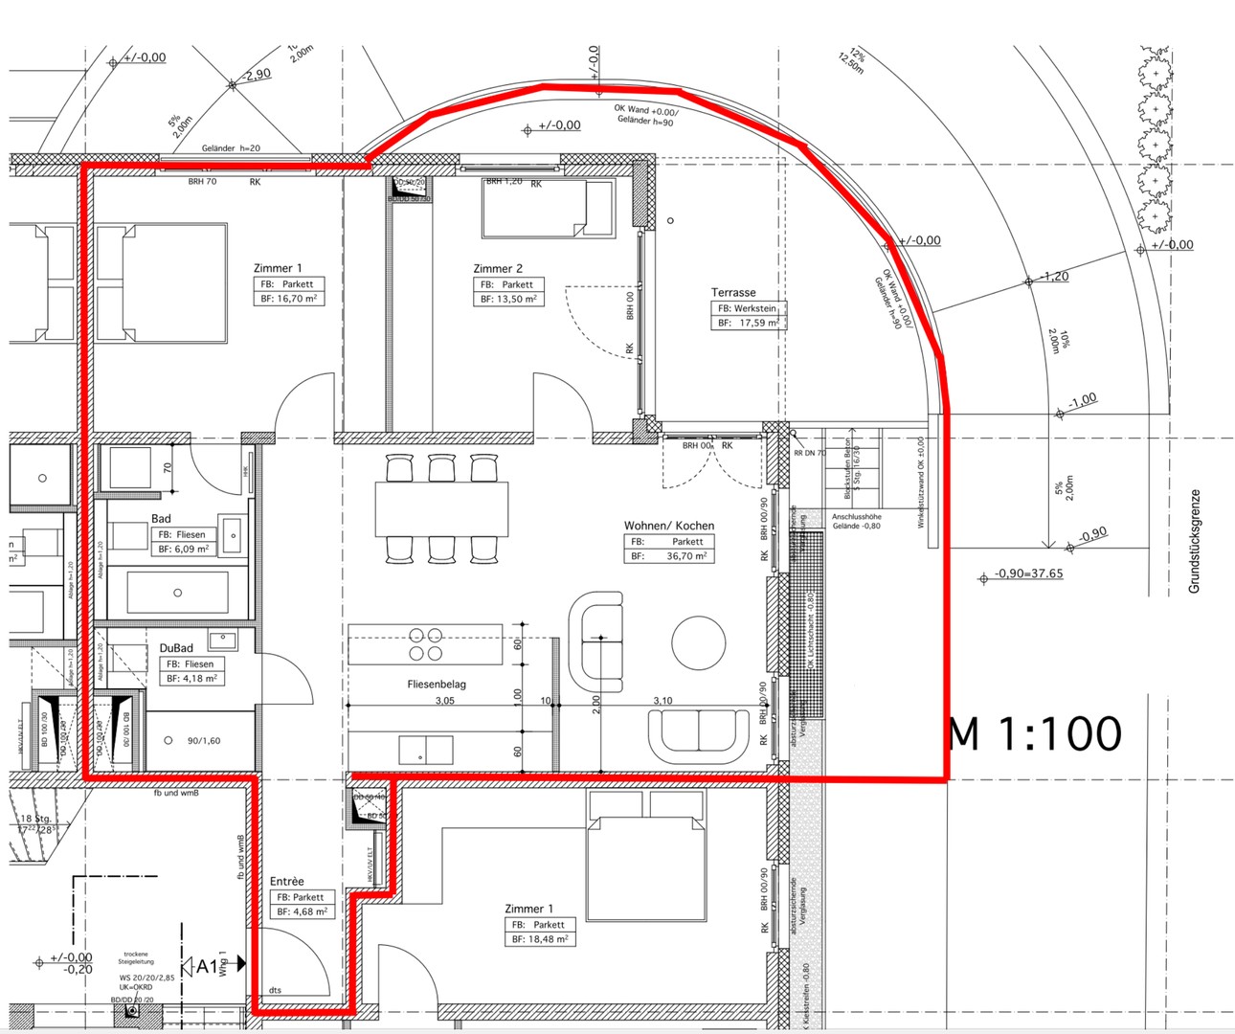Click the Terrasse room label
coord(732,292)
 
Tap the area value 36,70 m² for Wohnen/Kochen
coord(686,555)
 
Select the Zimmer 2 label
coord(498,269)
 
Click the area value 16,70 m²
coord(298,299)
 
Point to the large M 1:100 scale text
coord(1034,733)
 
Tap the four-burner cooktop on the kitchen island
coord(425,644)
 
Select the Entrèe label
coord(286,881)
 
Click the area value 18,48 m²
coord(550,939)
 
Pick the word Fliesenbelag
coord(437,685)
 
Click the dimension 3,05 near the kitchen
coord(444,701)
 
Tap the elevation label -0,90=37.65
coord(1028,573)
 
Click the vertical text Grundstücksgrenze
coord(1194,541)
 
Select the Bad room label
coord(161,518)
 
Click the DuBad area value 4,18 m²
coord(200,678)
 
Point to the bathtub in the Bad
coord(177,593)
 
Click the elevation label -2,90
coord(258,74)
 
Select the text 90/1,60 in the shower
coord(203,740)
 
